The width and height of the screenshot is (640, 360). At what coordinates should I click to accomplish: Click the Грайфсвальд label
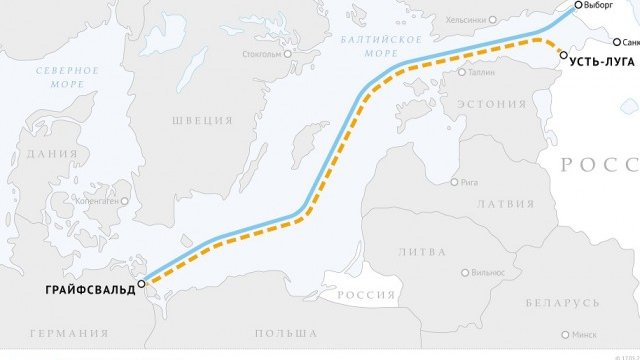(x=89, y=290)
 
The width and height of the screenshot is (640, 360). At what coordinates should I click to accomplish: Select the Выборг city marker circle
(x=578, y=5)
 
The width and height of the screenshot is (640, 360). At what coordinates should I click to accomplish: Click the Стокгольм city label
(x=262, y=54)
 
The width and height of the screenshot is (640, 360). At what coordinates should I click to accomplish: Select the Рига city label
(x=470, y=182)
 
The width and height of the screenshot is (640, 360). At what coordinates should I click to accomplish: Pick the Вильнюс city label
(x=488, y=272)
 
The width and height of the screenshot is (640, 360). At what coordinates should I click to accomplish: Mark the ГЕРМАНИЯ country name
(x=69, y=333)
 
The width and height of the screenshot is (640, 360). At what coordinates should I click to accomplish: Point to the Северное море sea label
(x=68, y=78)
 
